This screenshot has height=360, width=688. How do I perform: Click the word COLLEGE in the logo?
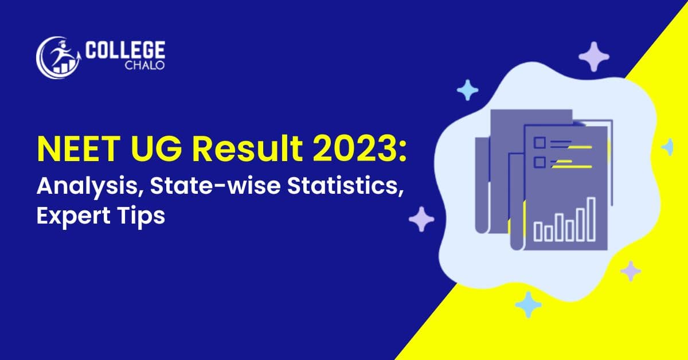(x=124, y=50)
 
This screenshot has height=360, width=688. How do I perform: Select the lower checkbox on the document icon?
(x=540, y=163)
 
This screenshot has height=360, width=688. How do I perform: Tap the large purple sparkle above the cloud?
(x=593, y=56)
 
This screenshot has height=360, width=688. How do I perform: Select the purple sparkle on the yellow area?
(x=631, y=271)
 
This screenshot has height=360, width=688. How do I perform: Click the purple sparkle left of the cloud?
(x=421, y=219)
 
